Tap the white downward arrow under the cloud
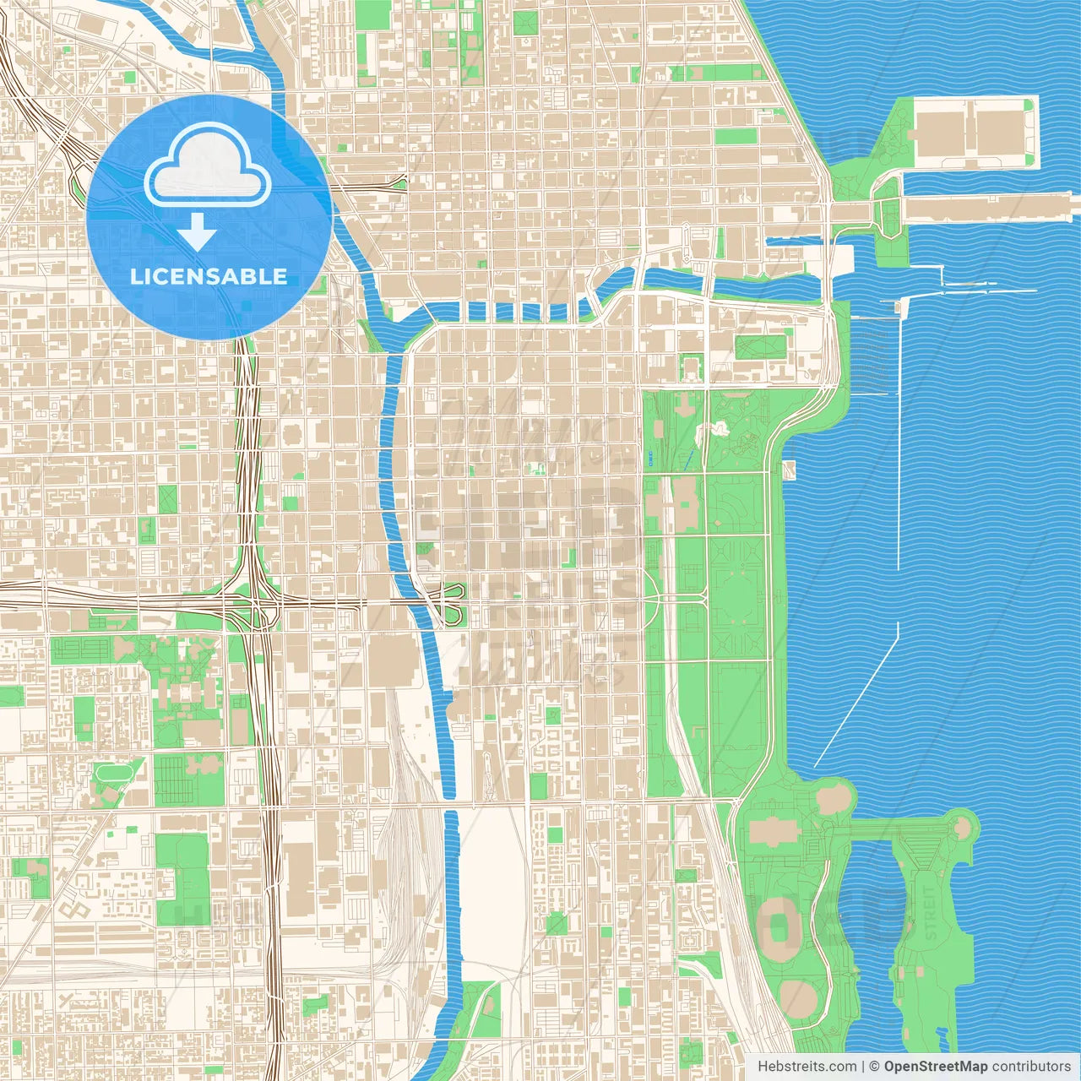pyautogui.click(x=198, y=231)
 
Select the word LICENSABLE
pyautogui.click(x=209, y=276)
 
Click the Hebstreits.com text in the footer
pyautogui.click(x=807, y=1067)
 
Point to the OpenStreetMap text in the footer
pyautogui.click(x=935, y=1067)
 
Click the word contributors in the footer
pyautogui.click(x=1031, y=1067)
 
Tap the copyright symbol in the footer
pyautogui.click(x=874, y=1067)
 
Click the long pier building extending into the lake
pyautogui.click(x=988, y=207)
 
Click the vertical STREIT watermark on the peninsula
pyautogui.click(x=931, y=913)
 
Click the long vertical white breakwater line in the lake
pyautogui.click(x=898, y=439)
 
